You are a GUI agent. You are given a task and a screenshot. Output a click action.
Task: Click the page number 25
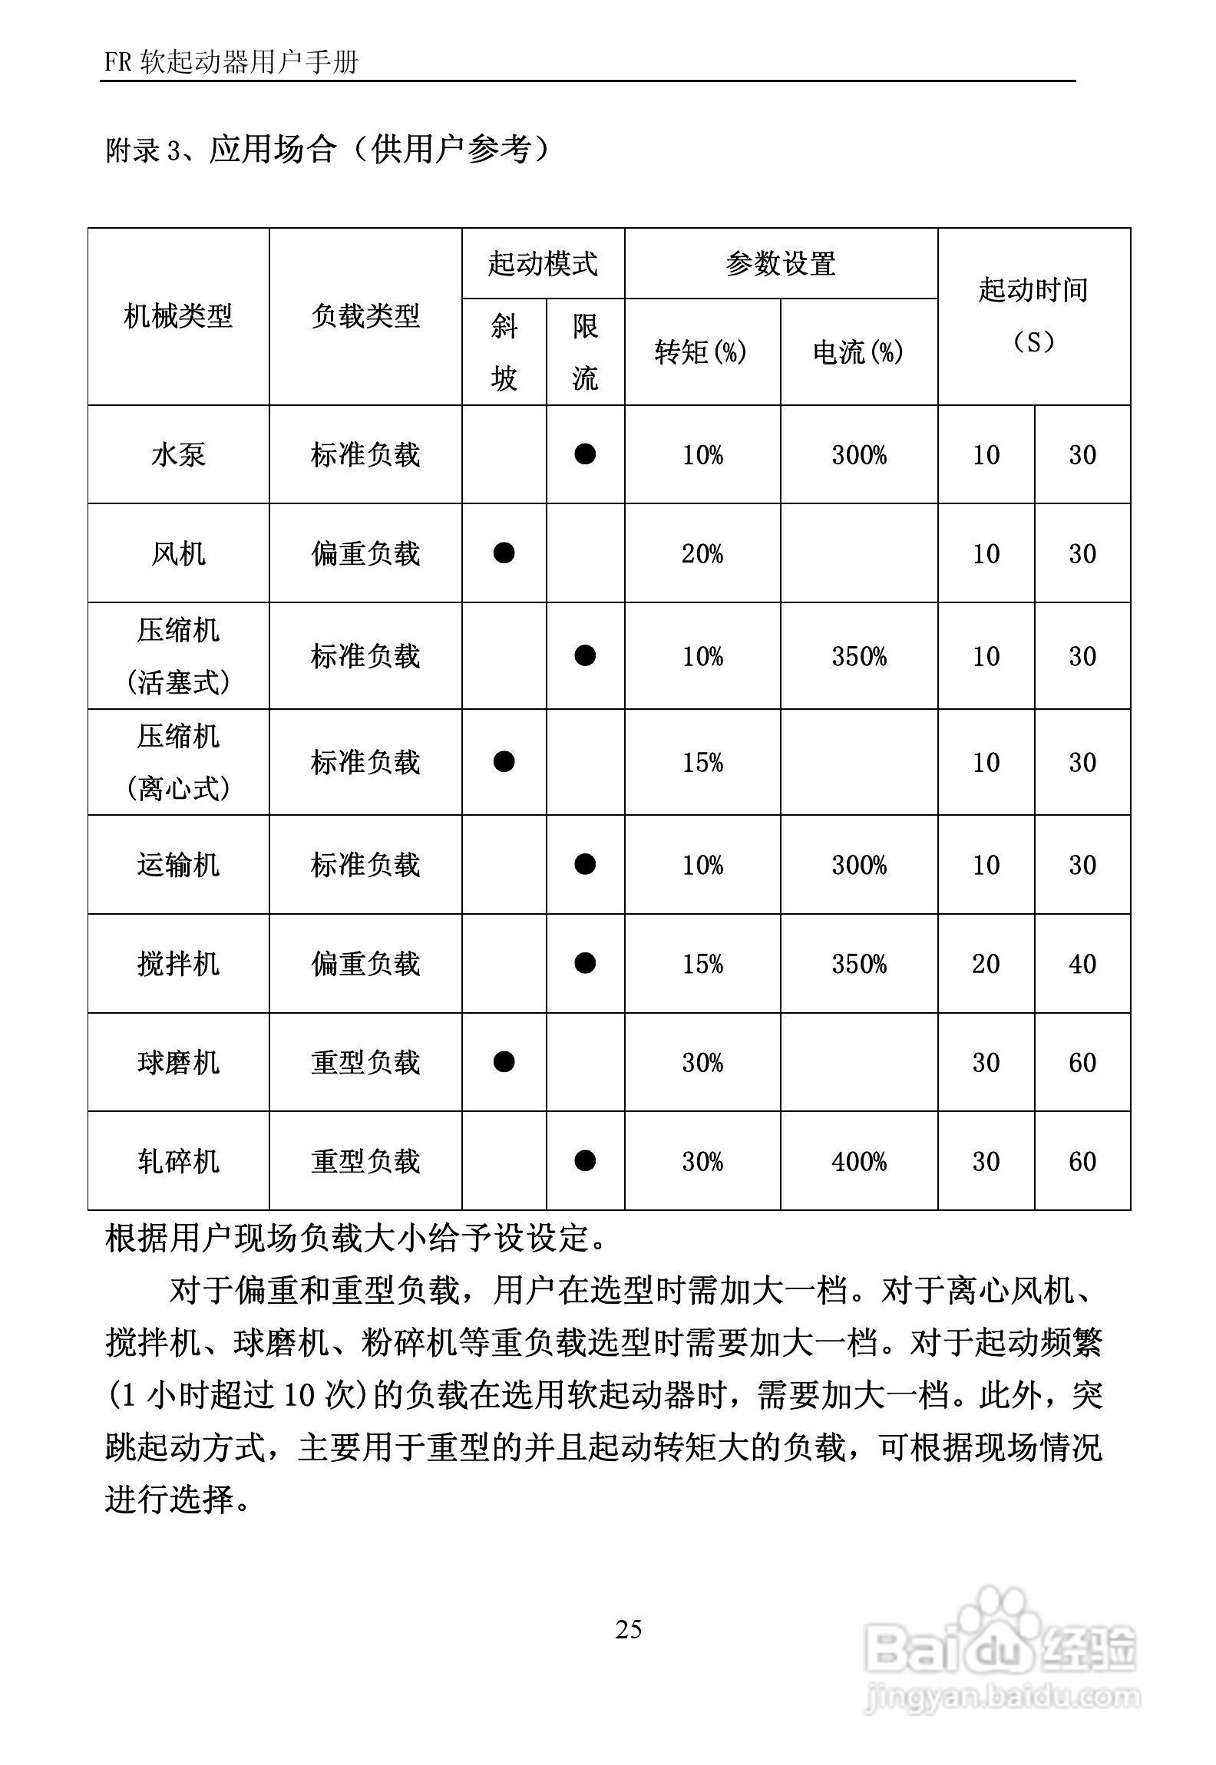point(628,1629)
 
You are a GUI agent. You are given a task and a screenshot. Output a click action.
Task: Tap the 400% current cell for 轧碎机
point(859,1161)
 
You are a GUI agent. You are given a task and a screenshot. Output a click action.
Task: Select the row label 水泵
point(178,455)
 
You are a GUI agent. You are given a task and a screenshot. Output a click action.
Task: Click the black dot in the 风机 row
point(504,553)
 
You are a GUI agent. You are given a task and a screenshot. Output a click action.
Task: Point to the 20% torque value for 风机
point(702,553)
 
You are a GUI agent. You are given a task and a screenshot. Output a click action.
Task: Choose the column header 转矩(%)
point(701,352)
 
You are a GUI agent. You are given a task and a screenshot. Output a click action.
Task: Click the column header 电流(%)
point(858,352)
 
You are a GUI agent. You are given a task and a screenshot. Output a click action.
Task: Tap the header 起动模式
point(543,264)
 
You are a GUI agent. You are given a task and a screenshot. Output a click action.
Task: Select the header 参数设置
point(780,264)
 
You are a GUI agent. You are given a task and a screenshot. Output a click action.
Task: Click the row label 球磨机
point(178,1063)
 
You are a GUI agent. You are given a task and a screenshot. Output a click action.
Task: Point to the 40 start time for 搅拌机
point(1082,964)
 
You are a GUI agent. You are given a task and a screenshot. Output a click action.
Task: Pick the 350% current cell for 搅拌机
point(859,964)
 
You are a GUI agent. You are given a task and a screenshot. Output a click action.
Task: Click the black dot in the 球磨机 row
point(504,1062)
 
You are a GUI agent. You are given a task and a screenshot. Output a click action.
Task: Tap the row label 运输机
point(178,865)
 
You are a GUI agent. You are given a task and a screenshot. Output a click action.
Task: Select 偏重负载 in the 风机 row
point(365,553)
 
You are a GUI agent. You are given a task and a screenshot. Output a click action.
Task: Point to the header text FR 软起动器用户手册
point(231,62)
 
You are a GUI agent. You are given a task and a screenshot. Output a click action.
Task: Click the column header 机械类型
point(178,316)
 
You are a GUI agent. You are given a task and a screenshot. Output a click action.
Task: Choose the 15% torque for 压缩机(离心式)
point(702,762)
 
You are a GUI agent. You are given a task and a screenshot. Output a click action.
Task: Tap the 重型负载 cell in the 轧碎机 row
point(365,1161)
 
